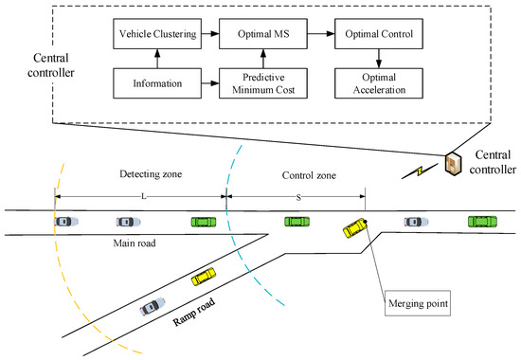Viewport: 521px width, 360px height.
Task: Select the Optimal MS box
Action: click(x=261, y=33)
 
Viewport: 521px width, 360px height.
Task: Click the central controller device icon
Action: click(x=456, y=166)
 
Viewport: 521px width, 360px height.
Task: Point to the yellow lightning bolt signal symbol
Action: click(x=420, y=172)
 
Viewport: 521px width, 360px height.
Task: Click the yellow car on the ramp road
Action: click(x=204, y=277)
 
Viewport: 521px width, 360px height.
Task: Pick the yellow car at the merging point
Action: click(x=355, y=228)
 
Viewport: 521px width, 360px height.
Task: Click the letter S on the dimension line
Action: click(x=295, y=195)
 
